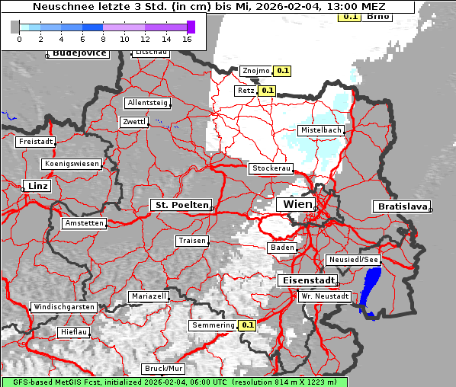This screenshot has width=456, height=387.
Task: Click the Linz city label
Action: click(x=36, y=186)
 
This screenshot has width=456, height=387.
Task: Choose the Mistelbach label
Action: click(x=320, y=130)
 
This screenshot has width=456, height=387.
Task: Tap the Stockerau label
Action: click(x=271, y=168)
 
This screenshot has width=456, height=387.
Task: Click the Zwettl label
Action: click(x=133, y=122)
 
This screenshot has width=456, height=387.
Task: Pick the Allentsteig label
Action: click(x=147, y=103)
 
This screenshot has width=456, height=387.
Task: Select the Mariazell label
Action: click(x=148, y=296)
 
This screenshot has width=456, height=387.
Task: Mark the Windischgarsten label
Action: click(x=63, y=307)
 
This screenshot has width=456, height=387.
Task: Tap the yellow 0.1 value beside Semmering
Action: click(x=247, y=325)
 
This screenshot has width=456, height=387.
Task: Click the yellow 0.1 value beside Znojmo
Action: click(x=282, y=71)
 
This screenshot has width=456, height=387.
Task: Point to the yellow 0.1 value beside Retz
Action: click(x=267, y=90)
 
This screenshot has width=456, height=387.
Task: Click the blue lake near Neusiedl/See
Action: click(x=371, y=293)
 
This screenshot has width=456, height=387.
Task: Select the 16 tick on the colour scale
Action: click(x=187, y=38)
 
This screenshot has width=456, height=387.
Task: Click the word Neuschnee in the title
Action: click(x=59, y=7)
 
